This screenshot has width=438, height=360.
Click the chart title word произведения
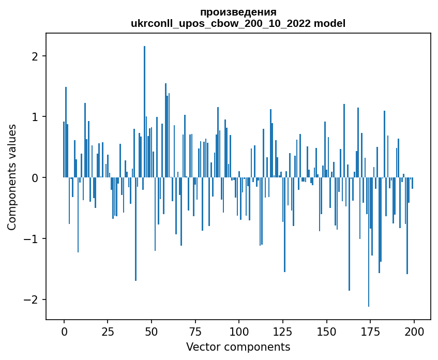(238, 12)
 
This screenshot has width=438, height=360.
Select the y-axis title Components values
(12, 177)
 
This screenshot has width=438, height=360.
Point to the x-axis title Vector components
(238, 347)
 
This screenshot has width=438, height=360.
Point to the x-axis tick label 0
(64, 331)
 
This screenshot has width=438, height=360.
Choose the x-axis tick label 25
(108, 331)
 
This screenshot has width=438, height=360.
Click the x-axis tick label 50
(152, 331)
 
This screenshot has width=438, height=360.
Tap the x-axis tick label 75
(195, 331)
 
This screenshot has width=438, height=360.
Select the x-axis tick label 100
(239, 331)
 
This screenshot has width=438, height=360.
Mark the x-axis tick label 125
(283, 331)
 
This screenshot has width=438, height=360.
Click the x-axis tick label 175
(370, 331)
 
